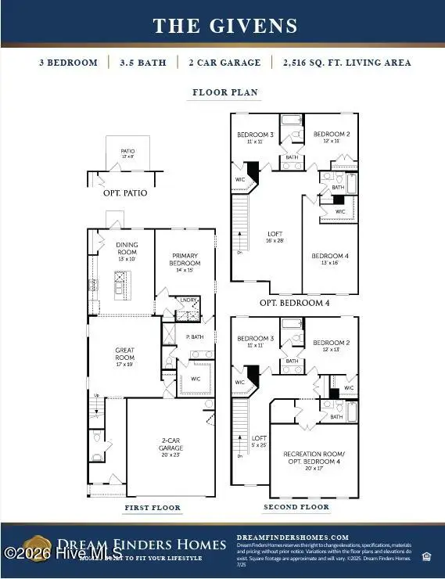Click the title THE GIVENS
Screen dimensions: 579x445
225,26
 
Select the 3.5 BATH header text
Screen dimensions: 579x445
142,63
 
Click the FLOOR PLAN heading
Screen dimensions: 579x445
225,92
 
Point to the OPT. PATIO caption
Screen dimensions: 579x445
125,192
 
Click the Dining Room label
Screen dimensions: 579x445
127,251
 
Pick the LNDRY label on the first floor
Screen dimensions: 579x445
187,300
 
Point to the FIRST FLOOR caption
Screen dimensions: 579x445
153,508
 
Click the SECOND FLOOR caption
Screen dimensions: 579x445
296,507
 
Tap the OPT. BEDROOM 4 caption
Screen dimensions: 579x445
294,302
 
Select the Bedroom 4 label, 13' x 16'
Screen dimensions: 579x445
330,259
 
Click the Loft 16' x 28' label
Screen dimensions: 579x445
275,237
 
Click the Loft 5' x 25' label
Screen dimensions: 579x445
259,441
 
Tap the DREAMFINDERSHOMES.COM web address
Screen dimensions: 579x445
292,535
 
